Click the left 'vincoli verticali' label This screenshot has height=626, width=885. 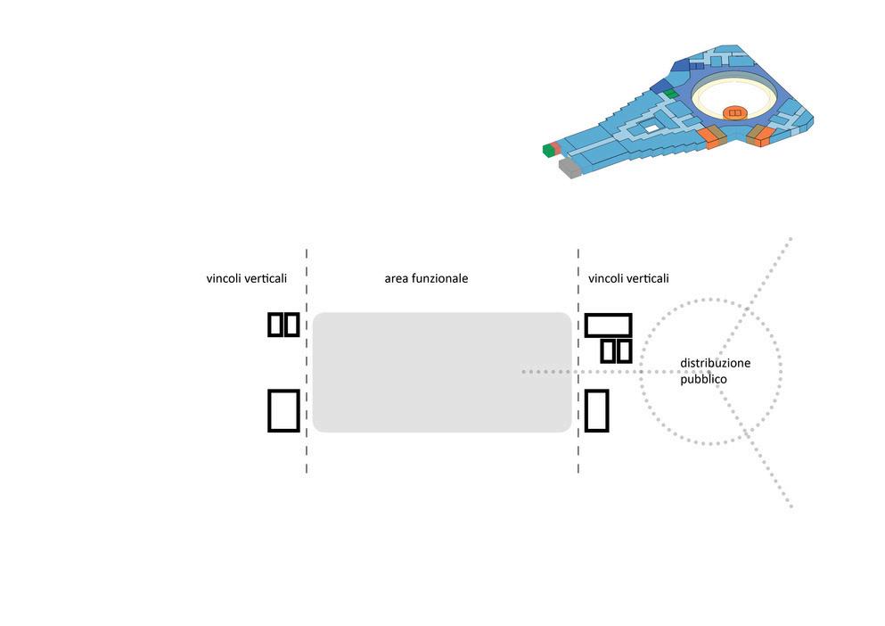(247, 279)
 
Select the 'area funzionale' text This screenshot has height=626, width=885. (426, 279)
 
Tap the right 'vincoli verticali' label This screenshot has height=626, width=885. (628, 279)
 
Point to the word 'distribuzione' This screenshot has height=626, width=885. (715, 364)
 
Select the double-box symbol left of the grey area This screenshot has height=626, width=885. (283, 325)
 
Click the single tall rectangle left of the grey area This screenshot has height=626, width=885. (283, 410)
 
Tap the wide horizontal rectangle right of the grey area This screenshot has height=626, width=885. (608, 325)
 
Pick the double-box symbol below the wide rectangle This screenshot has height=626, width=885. (616, 350)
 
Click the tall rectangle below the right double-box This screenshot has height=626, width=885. (596, 410)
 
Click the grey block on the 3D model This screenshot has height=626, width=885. (569, 168)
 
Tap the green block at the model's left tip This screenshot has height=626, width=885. (546, 149)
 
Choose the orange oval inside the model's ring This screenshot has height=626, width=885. (734, 112)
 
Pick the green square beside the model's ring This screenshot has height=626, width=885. (671, 93)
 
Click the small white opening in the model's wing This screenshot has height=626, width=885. (652, 129)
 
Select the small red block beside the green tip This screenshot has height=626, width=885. (555, 145)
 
